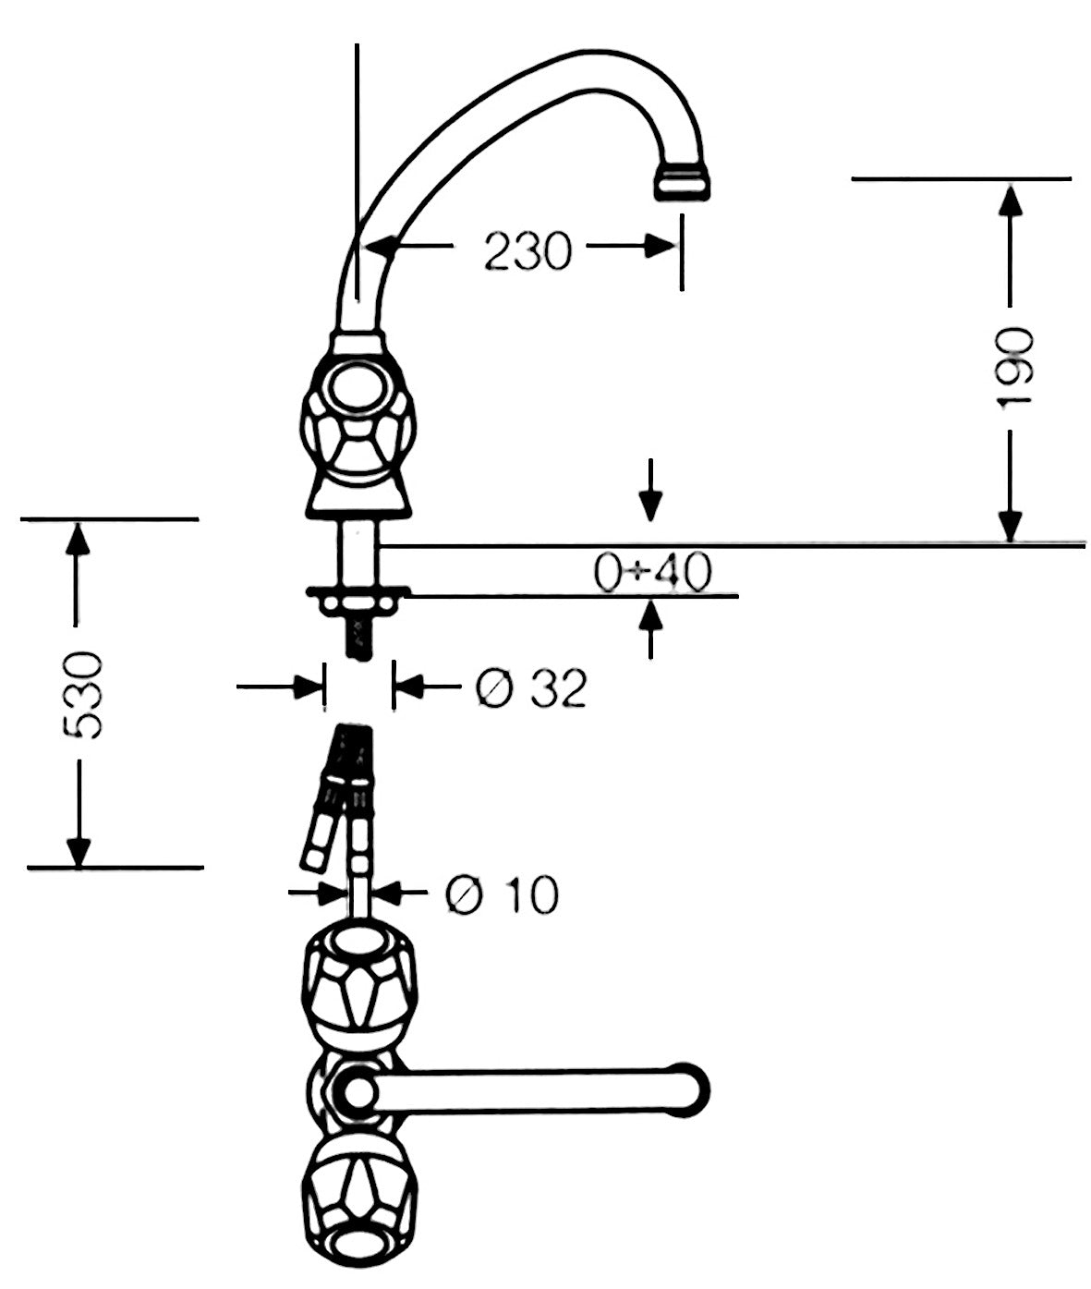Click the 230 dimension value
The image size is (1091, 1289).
pyautogui.click(x=527, y=250)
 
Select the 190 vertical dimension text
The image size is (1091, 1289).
pyautogui.click(x=1013, y=367)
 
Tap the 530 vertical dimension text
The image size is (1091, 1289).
pyautogui.click(x=83, y=695)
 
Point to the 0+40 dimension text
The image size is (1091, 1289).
pyautogui.click(x=652, y=572)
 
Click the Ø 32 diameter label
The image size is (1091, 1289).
pyautogui.click(x=531, y=687)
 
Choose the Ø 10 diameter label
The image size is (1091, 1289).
pyautogui.click(x=502, y=894)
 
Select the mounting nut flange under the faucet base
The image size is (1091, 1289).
pyautogui.click(x=358, y=598)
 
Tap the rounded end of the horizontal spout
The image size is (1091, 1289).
pyautogui.click(x=693, y=1090)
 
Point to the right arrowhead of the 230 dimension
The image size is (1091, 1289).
pyautogui.click(x=661, y=246)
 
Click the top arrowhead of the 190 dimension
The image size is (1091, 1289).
pyautogui.click(x=1010, y=200)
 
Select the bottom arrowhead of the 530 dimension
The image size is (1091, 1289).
pyautogui.click(x=79, y=851)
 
